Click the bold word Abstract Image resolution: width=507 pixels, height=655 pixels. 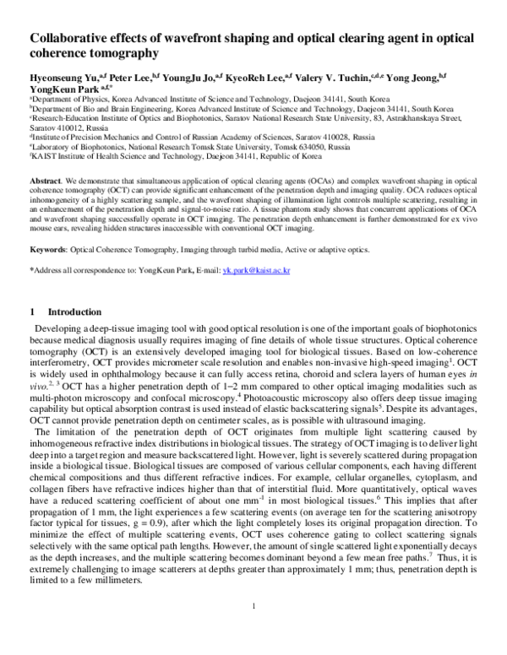pos(45,181)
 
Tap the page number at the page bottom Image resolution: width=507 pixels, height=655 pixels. pos(253,631)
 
